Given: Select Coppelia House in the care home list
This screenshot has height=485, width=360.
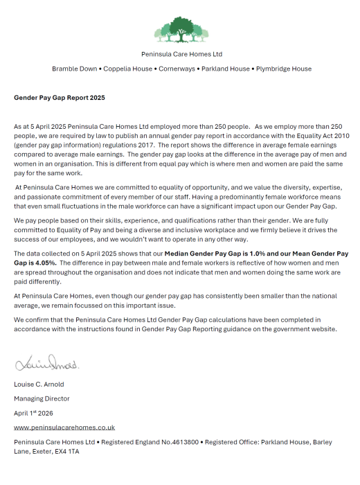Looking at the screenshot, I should coord(129,69).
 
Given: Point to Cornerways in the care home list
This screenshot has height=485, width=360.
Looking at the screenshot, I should coord(179,69).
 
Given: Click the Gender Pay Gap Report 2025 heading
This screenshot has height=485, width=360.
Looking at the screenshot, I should coord(60,98).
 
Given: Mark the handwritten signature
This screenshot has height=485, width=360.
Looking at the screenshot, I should coord(46,363).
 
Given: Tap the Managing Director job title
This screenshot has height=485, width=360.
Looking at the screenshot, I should coord(42,398).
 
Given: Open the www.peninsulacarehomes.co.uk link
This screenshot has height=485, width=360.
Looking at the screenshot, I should coord(64,427).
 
